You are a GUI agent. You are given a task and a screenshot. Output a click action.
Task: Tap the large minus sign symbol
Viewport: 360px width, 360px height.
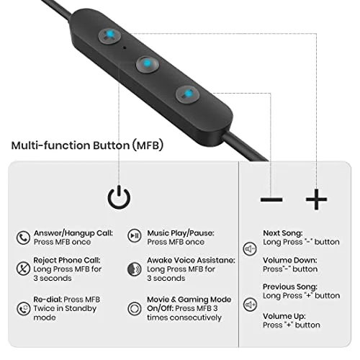coord(271,199)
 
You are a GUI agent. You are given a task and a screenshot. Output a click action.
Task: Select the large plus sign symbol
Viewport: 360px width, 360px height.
coord(316,199)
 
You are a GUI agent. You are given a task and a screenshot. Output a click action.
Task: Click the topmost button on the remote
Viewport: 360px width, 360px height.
coord(109,36)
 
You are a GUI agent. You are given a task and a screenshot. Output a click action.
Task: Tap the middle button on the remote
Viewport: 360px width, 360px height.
coord(147,64)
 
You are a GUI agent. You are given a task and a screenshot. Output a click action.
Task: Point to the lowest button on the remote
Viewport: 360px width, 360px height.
coord(187,94)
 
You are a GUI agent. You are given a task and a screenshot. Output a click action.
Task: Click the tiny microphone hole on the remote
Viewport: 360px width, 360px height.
coord(125,48)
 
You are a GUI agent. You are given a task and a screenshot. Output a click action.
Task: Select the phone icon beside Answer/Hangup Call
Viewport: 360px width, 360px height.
coord(23,238)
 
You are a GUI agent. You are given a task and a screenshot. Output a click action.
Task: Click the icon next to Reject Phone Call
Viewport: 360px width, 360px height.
coord(23,268)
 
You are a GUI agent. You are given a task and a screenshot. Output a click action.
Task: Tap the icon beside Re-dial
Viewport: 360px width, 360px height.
coord(23,308)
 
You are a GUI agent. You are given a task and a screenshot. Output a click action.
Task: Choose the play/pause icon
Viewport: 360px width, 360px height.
coord(135,235)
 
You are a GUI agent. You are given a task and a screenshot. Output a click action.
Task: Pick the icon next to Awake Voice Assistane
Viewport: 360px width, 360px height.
coord(135,269)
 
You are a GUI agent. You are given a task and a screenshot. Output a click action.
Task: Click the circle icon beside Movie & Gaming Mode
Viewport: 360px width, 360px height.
coord(135,308)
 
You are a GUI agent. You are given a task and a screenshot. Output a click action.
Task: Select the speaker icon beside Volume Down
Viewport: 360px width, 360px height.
coord(250,248)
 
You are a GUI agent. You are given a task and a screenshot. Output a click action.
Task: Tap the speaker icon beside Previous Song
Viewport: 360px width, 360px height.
coord(250,305)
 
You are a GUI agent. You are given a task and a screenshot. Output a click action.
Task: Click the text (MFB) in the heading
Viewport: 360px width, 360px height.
coord(148,145)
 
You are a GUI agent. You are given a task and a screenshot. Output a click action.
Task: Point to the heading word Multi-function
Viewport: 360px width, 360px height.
coord(50,145)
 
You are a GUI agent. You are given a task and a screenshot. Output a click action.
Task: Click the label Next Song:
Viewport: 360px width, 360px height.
coord(283,233)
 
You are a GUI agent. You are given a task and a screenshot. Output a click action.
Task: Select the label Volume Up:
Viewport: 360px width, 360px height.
coord(284,317)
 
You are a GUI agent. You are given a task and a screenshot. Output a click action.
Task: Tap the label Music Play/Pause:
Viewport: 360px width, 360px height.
coord(181,233)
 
